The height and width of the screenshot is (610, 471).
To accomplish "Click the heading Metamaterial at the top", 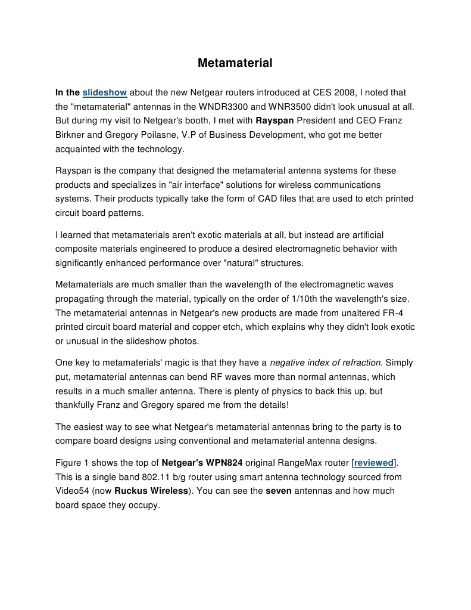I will [x=235, y=63].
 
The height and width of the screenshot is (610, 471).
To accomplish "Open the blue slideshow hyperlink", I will [x=105, y=92].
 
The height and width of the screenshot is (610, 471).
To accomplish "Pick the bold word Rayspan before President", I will [x=282, y=121].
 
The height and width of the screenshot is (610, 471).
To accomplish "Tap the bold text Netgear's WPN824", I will [x=202, y=463].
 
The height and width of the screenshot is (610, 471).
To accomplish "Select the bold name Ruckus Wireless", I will [x=151, y=491].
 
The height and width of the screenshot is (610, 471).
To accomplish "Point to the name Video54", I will [x=72, y=491].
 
